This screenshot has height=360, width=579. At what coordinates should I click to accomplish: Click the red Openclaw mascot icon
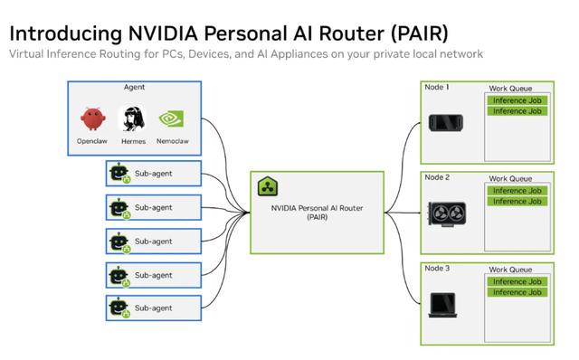[x=93, y=118]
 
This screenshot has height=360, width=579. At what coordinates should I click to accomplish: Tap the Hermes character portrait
[x=133, y=118]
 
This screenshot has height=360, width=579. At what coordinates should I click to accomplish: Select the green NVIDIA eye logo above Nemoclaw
[x=171, y=118]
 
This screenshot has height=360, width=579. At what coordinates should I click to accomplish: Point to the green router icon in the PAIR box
[x=268, y=186]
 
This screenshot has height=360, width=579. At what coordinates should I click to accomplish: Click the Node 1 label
[x=436, y=87]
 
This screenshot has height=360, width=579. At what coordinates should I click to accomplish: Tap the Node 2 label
[x=437, y=177]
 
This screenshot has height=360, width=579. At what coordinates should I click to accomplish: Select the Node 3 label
[x=437, y=268]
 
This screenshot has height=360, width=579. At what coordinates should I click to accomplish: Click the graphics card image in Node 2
[x=447, y=214]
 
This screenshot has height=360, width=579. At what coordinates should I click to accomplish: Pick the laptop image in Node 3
[x=442, y=305]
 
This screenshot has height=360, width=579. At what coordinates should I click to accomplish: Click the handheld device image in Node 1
[x=446, y=123]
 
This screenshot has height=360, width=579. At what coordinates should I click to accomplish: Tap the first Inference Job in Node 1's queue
[x=517, y=100]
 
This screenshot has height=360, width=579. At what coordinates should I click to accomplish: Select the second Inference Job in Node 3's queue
[x=517, y=292]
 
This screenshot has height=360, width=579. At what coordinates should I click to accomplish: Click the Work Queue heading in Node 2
[x=510, y=179]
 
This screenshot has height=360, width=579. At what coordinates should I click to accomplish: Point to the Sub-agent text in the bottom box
[x=153, y=308]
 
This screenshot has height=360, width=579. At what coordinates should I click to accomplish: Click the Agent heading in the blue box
[x=134, y=87]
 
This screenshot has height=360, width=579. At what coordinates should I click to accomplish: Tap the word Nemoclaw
[x=173, y=141]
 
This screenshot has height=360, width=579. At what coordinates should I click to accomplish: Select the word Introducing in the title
[x=66, y=34]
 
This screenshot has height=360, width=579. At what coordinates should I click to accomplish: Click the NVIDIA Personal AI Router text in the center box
[x=318, y=208]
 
